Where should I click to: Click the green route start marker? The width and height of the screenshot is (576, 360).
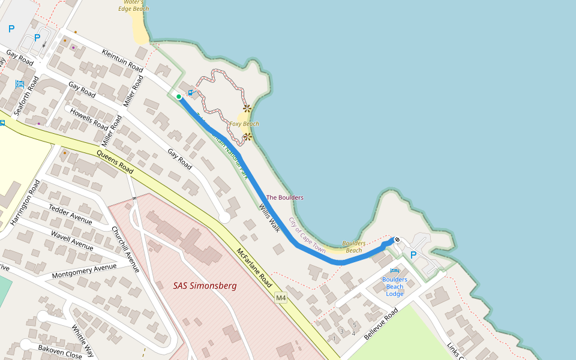(x=179, y=96)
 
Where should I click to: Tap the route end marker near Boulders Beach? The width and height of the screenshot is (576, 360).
(x=397, y=240)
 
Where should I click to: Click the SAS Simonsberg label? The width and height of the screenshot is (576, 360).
(x=205, y=286)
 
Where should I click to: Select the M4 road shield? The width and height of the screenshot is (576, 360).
(x=280, y=298)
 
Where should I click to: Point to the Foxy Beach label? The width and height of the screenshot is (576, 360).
(x=244, y=124)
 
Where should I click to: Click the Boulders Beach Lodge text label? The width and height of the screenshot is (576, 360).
(x=395, y=286)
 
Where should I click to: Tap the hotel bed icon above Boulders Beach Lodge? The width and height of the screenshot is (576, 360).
(x=394, y=270)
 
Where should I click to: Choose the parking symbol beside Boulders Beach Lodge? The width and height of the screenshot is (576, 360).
(x=413, y=255)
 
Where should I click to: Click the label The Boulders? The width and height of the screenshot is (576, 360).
(x=284, y=197)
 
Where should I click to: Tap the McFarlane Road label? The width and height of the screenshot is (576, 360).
(x=254, y=266)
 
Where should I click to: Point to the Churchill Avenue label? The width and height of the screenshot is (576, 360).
(x=126, y=249)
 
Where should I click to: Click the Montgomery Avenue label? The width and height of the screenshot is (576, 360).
(x=84, y=271)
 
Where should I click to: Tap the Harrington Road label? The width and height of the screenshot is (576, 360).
(x=25, y=202)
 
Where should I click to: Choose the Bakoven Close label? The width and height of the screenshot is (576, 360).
(x=60, y=352)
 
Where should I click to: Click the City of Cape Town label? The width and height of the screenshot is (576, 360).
(x=307, y=236)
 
